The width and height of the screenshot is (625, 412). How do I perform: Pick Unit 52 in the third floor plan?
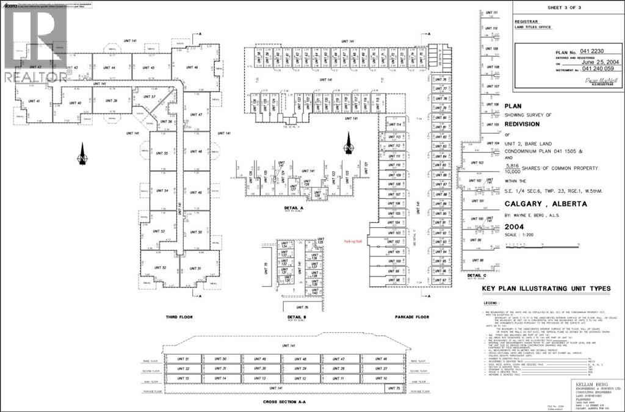coord(161,268)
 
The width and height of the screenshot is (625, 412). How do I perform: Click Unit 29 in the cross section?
coord(300,369)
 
